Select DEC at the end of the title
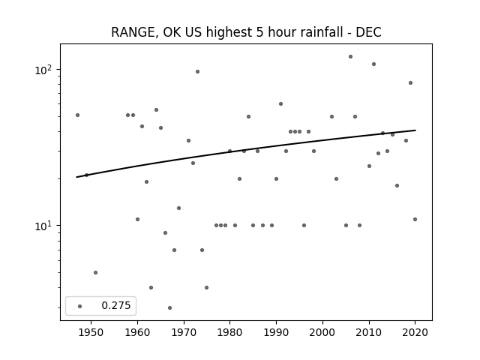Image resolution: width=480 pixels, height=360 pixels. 368,32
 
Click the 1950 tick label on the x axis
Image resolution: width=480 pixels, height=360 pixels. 91,332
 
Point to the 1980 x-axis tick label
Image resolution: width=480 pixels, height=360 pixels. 230,332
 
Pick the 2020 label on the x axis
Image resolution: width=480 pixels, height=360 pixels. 415,332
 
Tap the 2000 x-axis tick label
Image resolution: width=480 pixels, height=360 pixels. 322,332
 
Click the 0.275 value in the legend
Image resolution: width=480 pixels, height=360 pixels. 116,305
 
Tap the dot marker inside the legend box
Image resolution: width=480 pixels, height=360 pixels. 80,306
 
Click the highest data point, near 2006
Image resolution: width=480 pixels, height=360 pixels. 350,57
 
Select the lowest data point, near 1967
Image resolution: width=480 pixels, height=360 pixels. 170,307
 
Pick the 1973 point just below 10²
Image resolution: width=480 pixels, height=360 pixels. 197,72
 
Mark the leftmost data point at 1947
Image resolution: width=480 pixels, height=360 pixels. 77,115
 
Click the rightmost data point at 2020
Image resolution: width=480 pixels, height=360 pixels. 415,219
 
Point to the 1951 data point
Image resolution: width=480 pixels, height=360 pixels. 95,272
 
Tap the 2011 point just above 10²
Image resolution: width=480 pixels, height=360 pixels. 373,64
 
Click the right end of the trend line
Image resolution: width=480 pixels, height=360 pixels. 415,130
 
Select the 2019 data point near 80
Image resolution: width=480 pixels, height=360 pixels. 410,82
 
